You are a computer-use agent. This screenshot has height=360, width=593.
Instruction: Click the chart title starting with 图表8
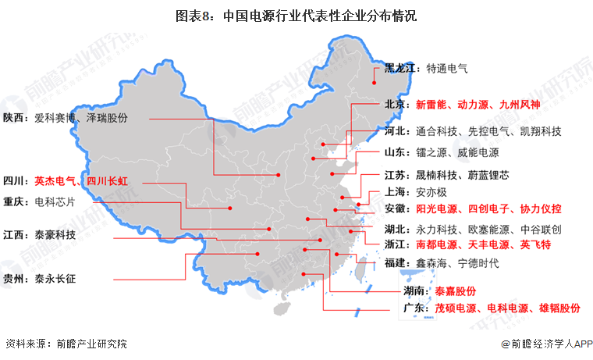(296, 15)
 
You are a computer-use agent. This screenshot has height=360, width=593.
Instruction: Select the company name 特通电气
(447, 68)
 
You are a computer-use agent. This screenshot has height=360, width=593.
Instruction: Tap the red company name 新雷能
(431, 104)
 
